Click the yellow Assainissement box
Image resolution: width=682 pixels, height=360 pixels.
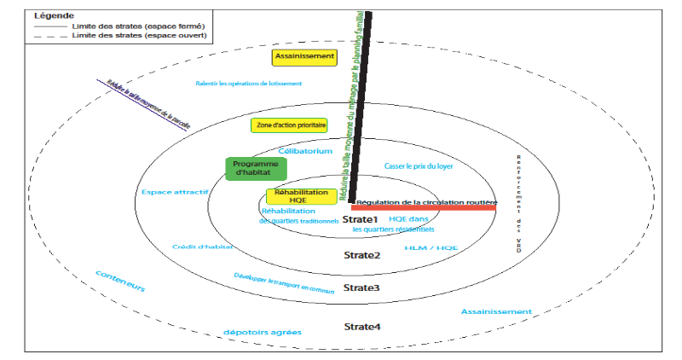[x=304, y=57]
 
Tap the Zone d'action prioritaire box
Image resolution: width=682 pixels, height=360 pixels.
[x=289, y=125]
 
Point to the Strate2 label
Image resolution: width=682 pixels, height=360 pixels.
[x=361, y=255]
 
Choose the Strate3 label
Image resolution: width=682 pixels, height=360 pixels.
[x=361, y=287]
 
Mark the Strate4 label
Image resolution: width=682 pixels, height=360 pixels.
[x=361, y=327]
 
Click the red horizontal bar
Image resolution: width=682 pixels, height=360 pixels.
[x=423, y=207]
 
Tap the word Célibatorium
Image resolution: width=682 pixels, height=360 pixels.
[x=305, y=150]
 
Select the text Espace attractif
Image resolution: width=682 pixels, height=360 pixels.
[x=176, y=192]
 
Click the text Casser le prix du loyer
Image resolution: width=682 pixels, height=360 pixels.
[x=418, y=165]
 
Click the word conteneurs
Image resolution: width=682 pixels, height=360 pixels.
[x=120, y=283]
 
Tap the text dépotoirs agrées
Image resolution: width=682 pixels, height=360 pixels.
[x=262, y=331]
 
